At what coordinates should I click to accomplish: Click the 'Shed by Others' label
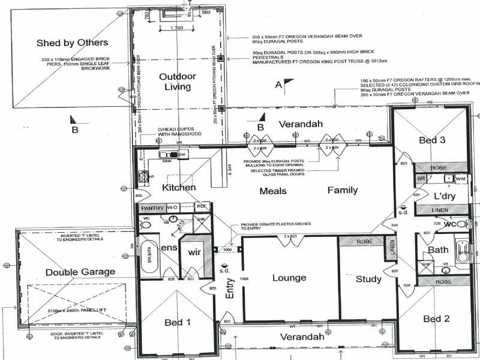pos(72,43)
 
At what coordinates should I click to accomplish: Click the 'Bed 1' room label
pos(178,322)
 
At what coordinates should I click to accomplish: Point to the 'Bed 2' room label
pos(436,319)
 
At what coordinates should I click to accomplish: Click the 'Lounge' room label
pos(289,278)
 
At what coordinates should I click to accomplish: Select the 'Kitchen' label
pos(179,188)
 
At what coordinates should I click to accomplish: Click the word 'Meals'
pos(272,191)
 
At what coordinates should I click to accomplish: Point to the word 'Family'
pos(343,190)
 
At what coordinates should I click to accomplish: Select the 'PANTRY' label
pos(152,208)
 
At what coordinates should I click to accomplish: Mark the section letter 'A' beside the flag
pos(278,85)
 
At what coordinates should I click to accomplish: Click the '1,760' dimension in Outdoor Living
pos(176,28)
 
